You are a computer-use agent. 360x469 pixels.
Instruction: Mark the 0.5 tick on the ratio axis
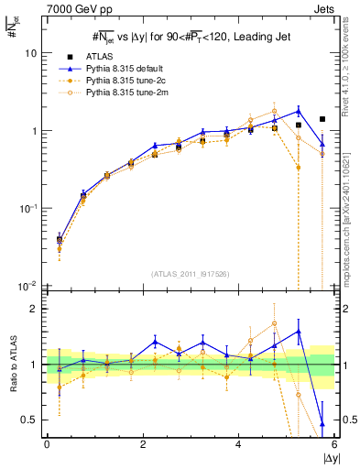(x=28, y=420)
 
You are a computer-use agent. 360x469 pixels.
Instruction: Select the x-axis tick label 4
(x=238, y=445)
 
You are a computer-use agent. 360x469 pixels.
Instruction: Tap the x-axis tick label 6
(x=333, y=445)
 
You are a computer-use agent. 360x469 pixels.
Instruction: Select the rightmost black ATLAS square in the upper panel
(x=322, y=119)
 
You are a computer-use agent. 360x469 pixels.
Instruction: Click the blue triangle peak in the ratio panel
(x=299, y=331)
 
